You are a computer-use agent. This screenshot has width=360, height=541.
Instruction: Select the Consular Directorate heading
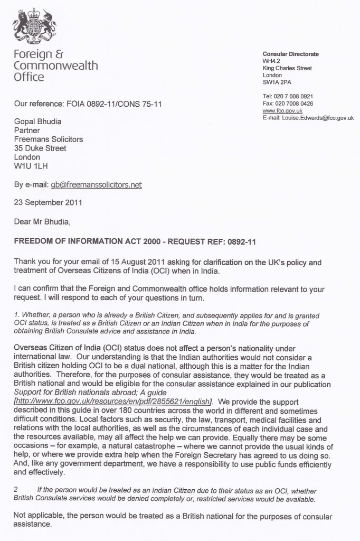click(x=290, y=54)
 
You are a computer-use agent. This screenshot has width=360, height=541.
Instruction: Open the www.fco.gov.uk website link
click(x=278, y=111)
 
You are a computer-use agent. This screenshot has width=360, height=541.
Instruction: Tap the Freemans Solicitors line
click(x=49, y=139)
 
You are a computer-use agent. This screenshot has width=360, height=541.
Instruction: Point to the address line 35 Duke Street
click(x=40, y=148)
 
